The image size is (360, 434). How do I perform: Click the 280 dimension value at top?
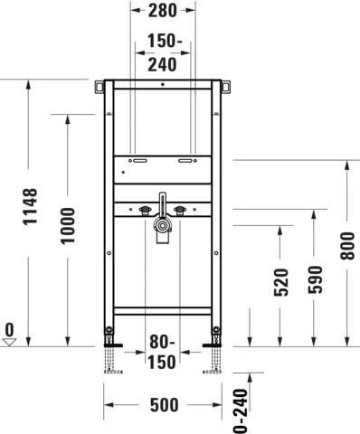tap(163, 11)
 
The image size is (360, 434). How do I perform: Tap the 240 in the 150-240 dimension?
tap(162, 64)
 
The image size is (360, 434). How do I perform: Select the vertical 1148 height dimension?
tap(31, 206)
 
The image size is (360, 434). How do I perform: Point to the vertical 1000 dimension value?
tap(68, 225)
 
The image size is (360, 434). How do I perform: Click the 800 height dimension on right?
tap(347, 246)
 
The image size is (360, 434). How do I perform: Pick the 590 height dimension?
tap(315, 279)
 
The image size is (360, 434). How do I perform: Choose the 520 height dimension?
tap(281, 282)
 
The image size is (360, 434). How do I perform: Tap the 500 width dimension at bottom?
tap(164, 405)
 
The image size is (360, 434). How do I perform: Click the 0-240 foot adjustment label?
tap(241, 411)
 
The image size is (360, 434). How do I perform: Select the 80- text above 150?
tap(162, 342)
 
